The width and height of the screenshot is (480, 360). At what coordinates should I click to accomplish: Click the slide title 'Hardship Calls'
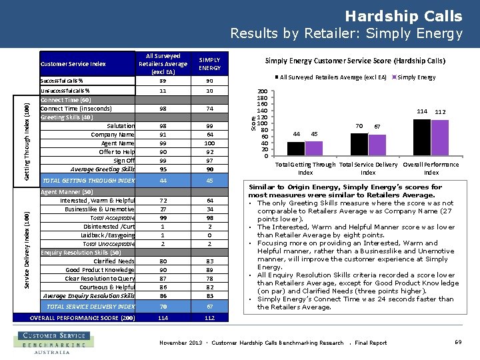(x=403, y=16)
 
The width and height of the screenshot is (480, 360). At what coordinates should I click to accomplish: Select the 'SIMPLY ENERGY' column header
(x=209, y=64)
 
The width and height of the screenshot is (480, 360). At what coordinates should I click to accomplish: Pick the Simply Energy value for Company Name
(x=209, y=135)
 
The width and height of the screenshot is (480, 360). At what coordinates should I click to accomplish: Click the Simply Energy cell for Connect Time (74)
(x=209, y=109)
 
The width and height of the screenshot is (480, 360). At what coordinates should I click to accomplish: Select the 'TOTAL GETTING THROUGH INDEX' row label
(x=88, y=181)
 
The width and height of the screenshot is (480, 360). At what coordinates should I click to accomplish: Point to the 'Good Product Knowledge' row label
(x=100, y=270)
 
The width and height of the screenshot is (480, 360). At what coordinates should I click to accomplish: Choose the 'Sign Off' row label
(x=124, y=161)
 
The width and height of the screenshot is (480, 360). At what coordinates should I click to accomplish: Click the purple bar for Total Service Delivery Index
(x=377, y=145)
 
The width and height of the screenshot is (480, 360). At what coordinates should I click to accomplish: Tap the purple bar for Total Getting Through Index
(x=314, y=148)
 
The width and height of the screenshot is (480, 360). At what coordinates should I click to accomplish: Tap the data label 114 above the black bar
(x=421, y=111)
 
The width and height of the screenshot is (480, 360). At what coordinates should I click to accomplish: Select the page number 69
(x=458, y=342)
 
